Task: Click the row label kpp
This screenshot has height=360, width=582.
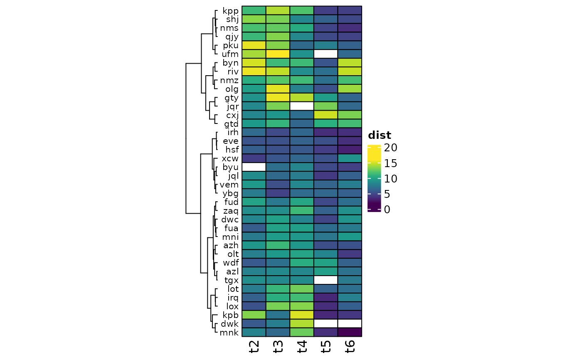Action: coord(230,11)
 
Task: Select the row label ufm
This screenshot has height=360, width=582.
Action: coord(230,54)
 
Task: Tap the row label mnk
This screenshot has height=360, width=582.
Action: coord(229,333)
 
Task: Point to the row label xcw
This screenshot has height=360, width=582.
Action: coord(230,158)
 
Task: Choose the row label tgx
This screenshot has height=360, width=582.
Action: coord(232,280)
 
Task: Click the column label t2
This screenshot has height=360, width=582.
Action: coord(254,347)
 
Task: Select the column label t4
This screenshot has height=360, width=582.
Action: coord(302,347)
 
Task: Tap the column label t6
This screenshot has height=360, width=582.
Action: coord(350,347)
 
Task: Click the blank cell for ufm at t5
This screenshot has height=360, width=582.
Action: coord(326,54)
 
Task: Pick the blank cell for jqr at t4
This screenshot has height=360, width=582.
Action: coord(302,106)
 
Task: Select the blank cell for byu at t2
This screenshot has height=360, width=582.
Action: coord(254,167)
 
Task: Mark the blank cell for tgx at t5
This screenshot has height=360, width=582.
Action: coord(326,280)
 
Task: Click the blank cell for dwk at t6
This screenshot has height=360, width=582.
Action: coord(350,324)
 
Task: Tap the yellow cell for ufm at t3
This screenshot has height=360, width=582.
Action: coord(278,54)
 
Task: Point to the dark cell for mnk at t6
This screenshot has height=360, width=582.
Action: coord(350,332)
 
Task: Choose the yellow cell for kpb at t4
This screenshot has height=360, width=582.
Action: coord(302,315)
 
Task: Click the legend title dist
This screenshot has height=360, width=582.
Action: coord(380,136)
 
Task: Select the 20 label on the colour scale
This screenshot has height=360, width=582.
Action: coord(390,148)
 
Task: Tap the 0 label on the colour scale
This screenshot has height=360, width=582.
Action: coord(387,210)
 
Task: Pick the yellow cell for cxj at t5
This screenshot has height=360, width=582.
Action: coord(326,115)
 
